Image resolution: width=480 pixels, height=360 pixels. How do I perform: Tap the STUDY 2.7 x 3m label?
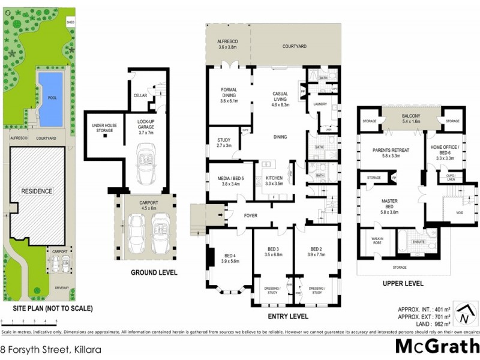[223, 143]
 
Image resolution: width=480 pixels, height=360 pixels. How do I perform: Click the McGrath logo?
[437, 346]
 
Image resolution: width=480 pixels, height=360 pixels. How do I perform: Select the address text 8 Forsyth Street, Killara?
[50, 348]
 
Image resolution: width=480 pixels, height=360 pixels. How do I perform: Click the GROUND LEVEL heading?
[154, 272]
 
